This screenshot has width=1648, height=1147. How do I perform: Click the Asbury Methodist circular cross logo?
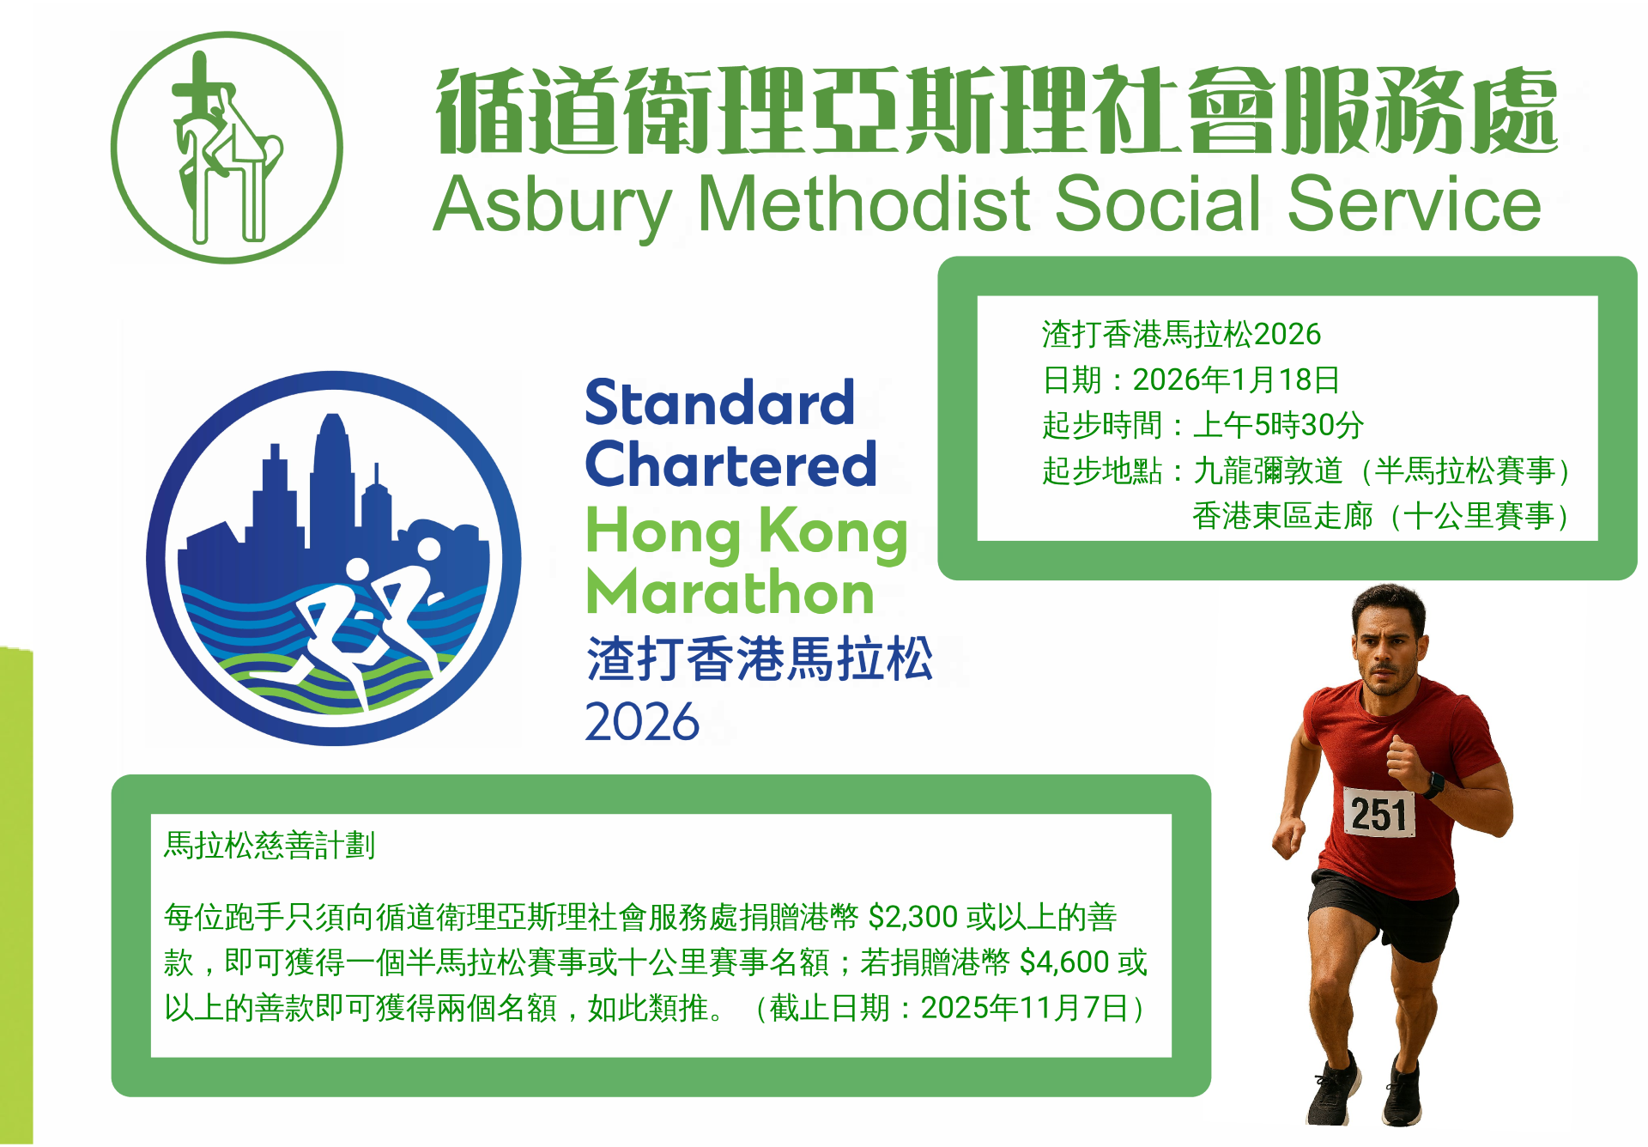pyautogui.click(x=227, y=148)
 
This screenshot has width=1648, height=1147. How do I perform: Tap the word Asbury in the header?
pyautogui.click(x=553, y=206)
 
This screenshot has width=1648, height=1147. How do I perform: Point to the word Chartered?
pyautogui.click(x=730, y=464)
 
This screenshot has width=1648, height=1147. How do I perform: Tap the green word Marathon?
pyautogui.click(x=730, y=592)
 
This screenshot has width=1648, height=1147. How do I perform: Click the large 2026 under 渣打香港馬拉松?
pyautogui.click(x=642, y=721)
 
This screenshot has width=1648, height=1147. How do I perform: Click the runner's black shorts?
pyautogui.click(x=1384, y=913)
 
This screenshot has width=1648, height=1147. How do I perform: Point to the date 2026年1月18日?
pyautogui.click(x=1236, y=379)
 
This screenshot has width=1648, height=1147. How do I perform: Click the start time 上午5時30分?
pyautogui.click(x=1278, y=425)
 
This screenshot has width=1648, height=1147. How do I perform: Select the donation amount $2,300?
pyautogui.click(x=913, y=917)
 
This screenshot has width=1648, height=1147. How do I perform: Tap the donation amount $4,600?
pyautogui.click(x=1064, y=962)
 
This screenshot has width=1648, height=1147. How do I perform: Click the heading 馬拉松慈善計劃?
pyautogui.click(x=270, y=846)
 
